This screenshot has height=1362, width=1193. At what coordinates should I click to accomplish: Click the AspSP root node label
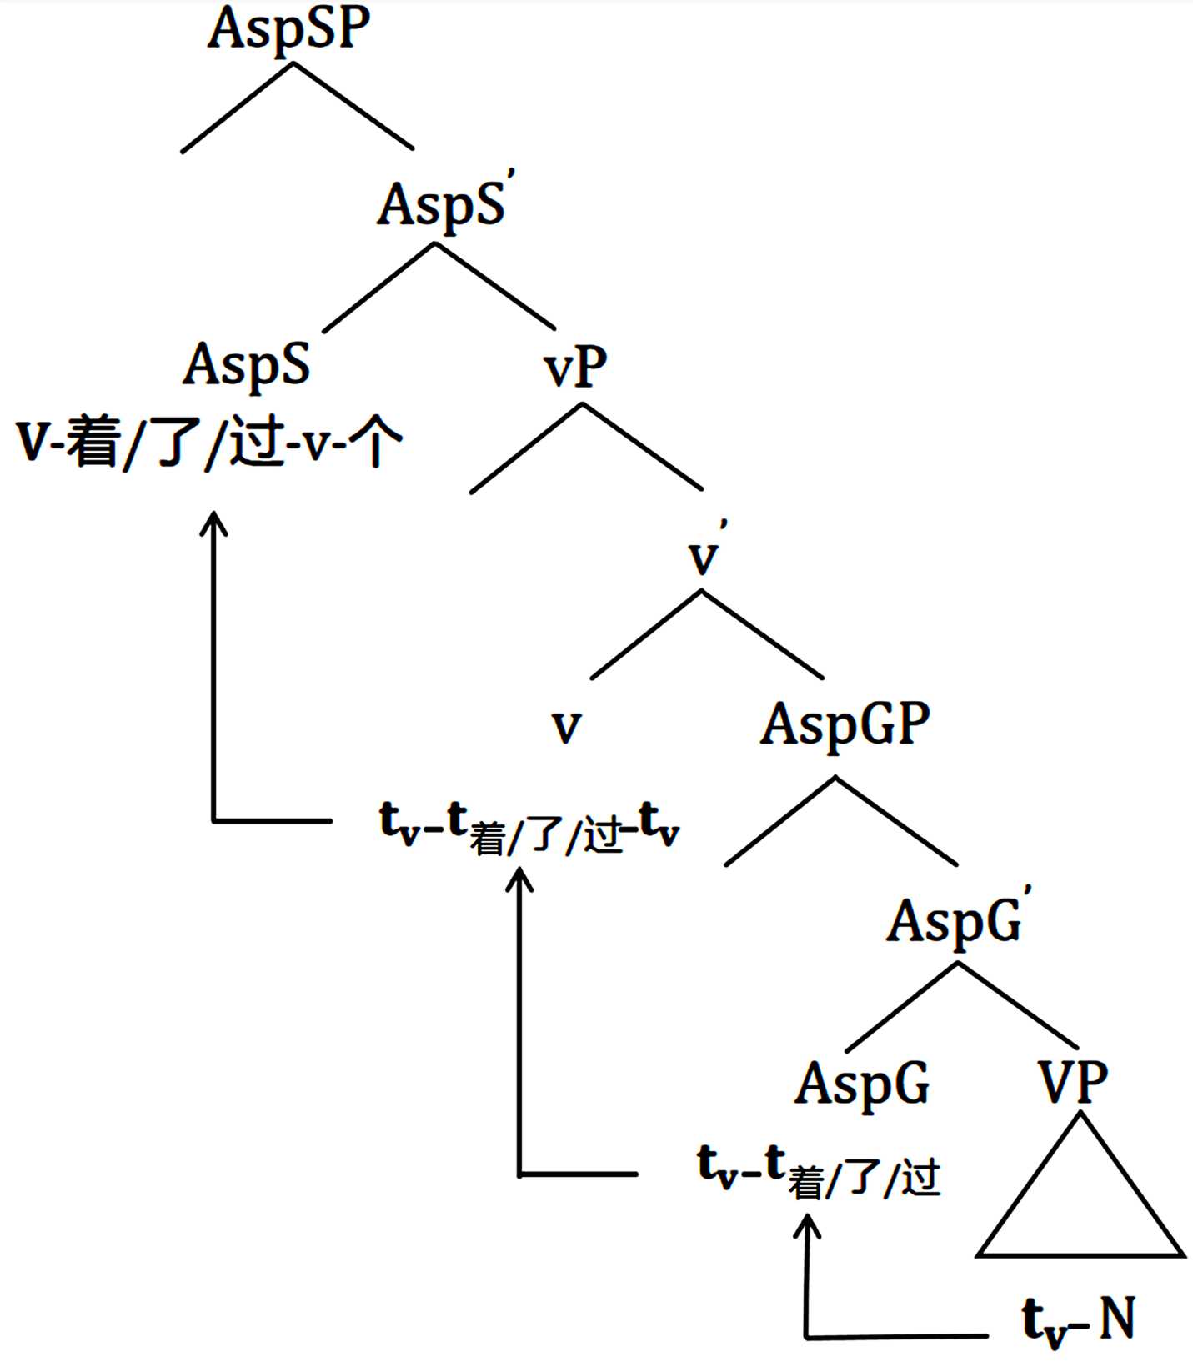[x=288, y=29]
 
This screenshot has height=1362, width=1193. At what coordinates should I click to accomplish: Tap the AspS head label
[x=247, y=365]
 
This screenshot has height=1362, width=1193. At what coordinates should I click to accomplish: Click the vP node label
[x=576, y=367]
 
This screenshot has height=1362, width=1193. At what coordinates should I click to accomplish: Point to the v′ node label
[x=705, y=554]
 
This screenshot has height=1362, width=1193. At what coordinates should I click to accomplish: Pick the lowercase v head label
[x=566, y=726]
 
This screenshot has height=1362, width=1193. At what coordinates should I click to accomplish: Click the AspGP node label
[x=845, y=724]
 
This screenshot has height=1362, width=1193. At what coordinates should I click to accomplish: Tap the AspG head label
[x=862, y=1084]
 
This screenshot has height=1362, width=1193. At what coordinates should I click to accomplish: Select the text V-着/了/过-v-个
[x=208, y=442]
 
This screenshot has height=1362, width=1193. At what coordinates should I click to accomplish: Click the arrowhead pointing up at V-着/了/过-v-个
[x=215, y=523]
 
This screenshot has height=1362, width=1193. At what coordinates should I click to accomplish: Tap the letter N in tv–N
[x=1116, y=1318]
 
